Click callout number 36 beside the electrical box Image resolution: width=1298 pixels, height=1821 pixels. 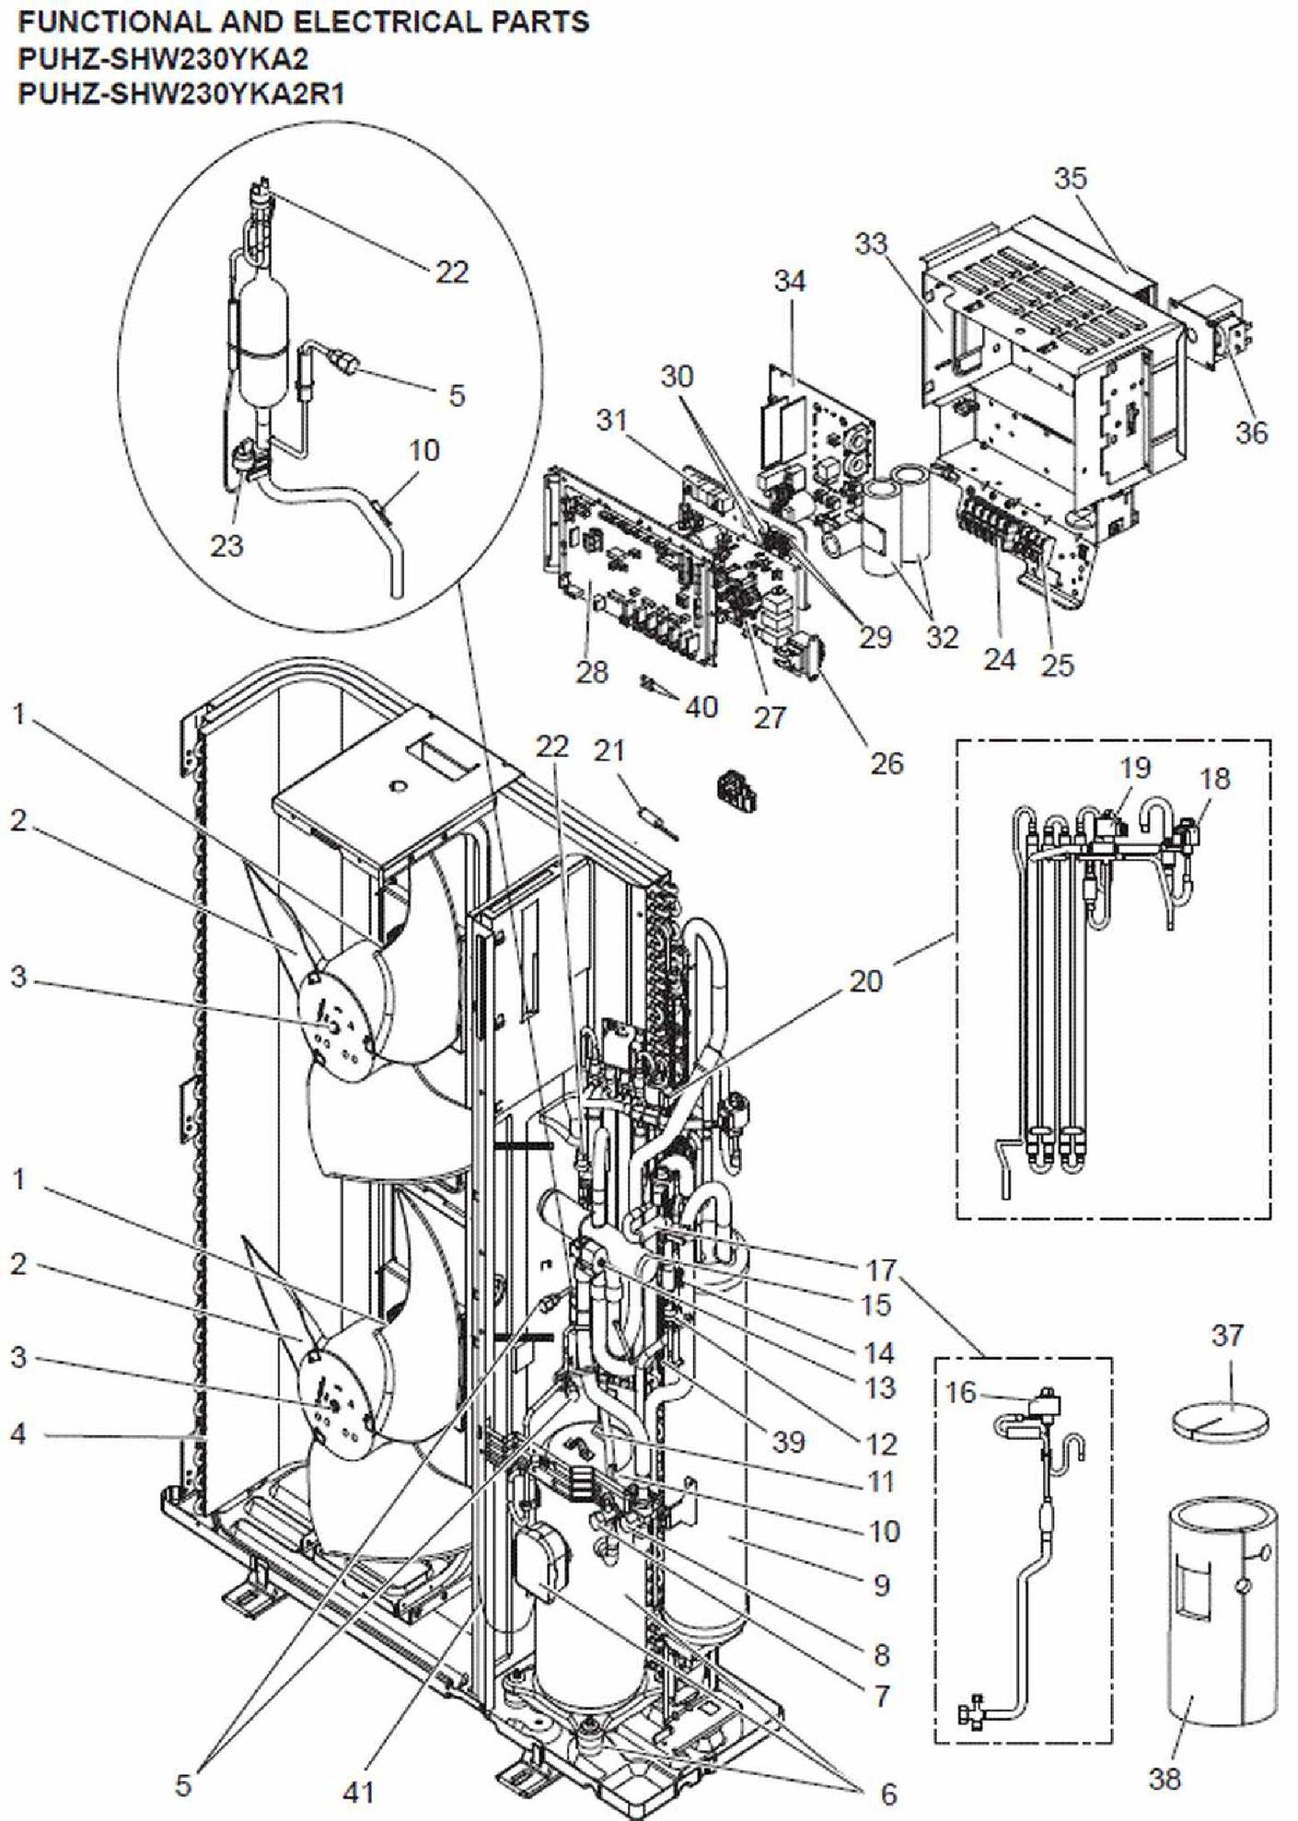coord(1251,432)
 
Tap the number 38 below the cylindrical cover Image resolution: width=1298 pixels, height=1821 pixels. coord(1165,1778)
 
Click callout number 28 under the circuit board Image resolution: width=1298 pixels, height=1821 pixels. coord(592,672)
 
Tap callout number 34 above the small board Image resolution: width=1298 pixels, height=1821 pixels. coord(789,282)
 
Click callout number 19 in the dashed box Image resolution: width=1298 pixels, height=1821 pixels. coord(1134,768)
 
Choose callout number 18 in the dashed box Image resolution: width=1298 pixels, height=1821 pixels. coord(1215,779)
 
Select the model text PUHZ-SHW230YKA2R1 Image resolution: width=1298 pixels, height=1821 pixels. coord(181,94)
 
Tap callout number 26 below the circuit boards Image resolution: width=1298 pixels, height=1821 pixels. coord(887,762)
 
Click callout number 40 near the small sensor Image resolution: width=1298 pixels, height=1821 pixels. coord(701,707)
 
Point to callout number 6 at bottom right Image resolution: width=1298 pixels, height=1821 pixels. coord(887,1793)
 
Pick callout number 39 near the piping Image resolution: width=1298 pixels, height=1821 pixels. coord(788,1442)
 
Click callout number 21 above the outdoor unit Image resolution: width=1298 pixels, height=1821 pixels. coord(608,751)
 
